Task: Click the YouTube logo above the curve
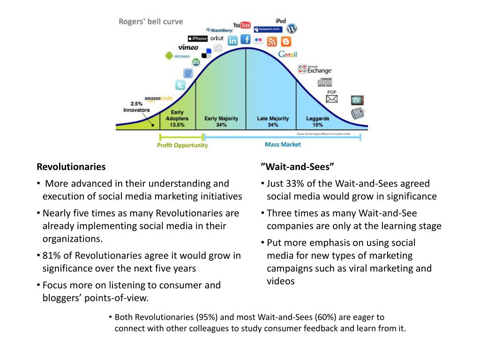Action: [x=242, y=25]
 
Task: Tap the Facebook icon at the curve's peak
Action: [x=245, y=39]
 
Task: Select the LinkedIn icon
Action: [x=232, y=41]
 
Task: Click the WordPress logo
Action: [x=292, y=28]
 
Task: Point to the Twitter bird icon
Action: [x=180, y=85]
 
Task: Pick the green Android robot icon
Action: [x=169, y=56]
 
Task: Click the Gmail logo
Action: [x=288, y=54]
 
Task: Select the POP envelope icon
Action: [x=332, y=98]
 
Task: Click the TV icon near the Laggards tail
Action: [x=357, y=100]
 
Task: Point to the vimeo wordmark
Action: [x=188, y=47]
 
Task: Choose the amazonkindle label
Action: [x=158, y=98]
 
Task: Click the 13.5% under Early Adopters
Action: [x=177, y=125]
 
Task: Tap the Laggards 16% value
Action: [x=317, y=125]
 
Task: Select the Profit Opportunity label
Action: [x=182, y=145]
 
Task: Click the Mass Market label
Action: [x=283, y=144]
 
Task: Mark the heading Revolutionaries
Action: [x=71, y=167]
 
